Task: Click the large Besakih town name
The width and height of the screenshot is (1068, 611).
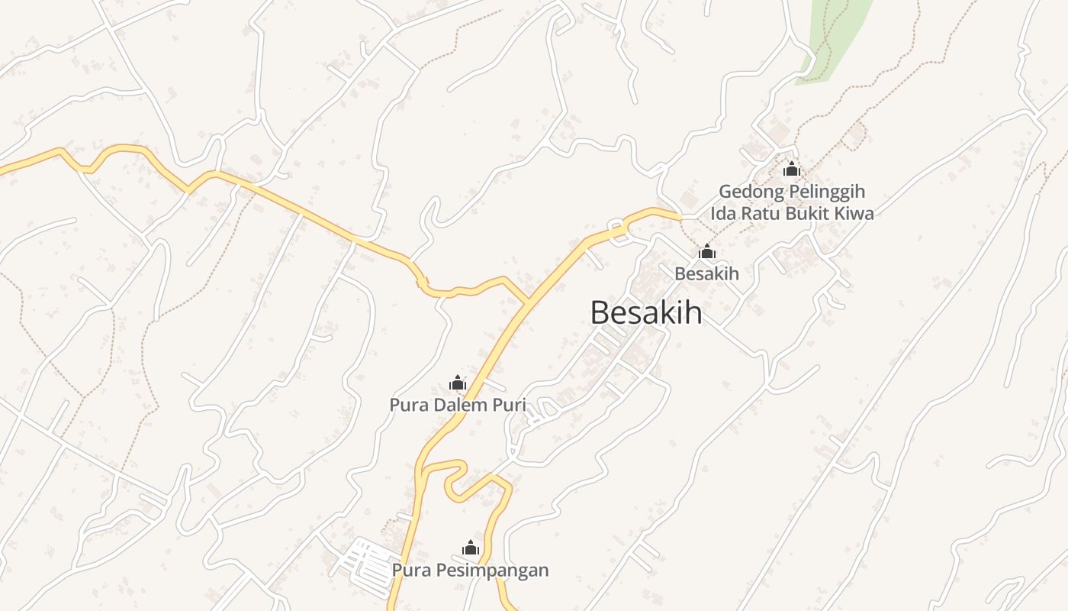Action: pyautogui.click(x=646, y=312)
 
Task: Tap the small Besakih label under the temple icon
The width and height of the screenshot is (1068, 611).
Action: pyautogui.click(x=706, y=273)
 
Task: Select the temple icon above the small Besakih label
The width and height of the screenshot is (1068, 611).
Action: pyautogui.click(x=707, y=251)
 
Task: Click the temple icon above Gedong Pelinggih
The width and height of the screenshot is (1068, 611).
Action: pyautogui.click(x=792, y=169)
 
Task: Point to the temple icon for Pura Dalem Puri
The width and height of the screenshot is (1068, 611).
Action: pyautogui.click(x=458, y=383)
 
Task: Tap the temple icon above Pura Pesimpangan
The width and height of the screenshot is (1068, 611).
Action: pyautogui.click(x=471, y=548)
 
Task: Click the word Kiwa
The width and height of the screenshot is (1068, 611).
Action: pyautogui.click(x=855, y=213)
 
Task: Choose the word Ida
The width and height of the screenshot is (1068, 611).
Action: pyautogui.click(x=724, y=213)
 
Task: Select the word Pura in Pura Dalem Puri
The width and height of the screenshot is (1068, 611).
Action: pyautogui.click(x=408, y=405)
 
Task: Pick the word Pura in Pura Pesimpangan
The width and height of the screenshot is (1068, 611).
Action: pyautogui.click(x=410, y=570)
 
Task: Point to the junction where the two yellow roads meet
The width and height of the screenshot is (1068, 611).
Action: pyautogui.click(x=527, y=304)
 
